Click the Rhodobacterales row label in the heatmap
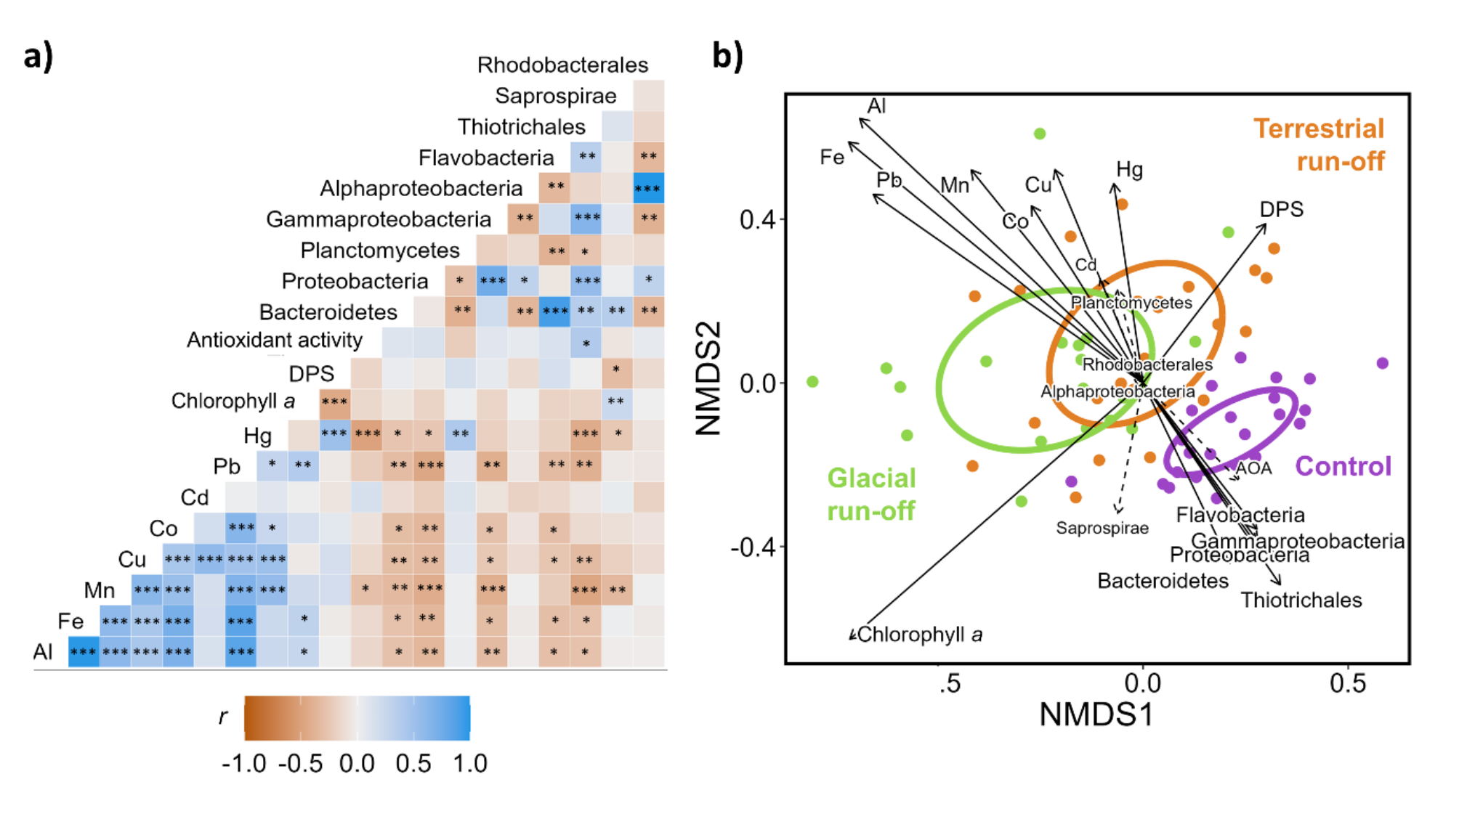pos(562,65)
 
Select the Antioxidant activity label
pos(275,340)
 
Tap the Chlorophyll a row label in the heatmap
pos(233,402)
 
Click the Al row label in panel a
pos(43,652)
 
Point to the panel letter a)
pos(39,56)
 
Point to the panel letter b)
pos(727,56)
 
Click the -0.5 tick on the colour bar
pos(301,764)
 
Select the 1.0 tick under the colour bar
pos(469,764)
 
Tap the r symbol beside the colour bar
pos(222,717)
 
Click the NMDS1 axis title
pos(1096,715)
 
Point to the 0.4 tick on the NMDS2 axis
pos(757,219)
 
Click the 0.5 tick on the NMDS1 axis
pos(1348,684)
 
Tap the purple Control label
pos(1343,466)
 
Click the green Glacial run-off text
pos(871,494)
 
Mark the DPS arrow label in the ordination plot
pos(1282,209)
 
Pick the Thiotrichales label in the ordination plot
pos(1301,600)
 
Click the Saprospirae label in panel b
pos(1102,528)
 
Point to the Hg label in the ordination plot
pos(1130,170)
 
